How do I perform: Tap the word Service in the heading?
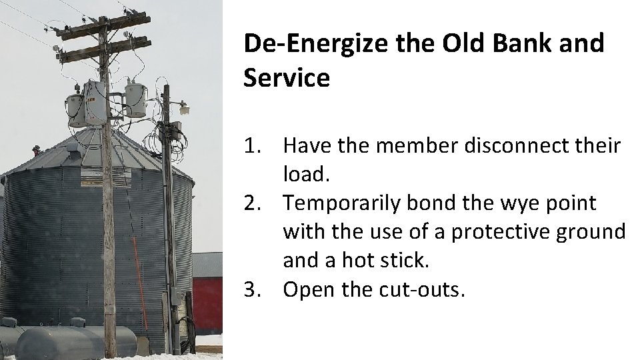pyautogui.click(x=287, y=78)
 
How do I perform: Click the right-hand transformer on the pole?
pyautogui.click(x=135, y=99)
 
